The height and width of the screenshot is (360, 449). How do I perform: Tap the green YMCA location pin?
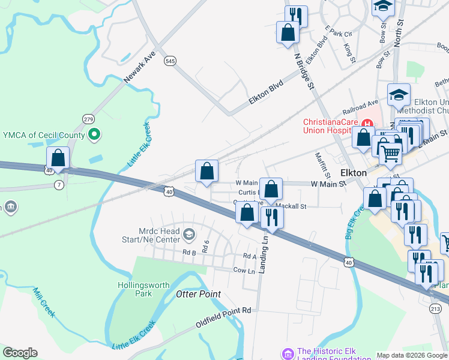[x=93, y=135]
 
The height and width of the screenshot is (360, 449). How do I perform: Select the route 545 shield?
[x=170, y=61]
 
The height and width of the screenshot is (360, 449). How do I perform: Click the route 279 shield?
[x=89, y=119]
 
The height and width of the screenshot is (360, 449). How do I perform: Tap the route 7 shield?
[x=59, y=184]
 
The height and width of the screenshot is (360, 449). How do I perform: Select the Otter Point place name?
[x=199, y=294]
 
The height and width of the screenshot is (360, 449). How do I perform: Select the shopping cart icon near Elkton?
[x=390, y=154]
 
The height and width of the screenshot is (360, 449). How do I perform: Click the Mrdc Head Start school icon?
[x=189, y=233]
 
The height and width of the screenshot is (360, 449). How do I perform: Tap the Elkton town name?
[x=353, y=172]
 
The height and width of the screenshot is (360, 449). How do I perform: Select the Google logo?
[x=20, y=353]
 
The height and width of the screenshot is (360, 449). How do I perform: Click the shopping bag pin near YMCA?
[x=58, y=159]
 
